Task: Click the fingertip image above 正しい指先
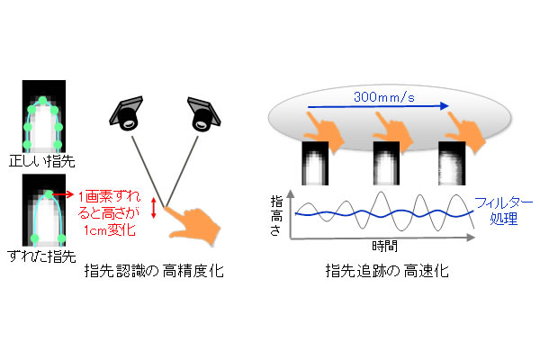44,118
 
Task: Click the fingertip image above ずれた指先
44,212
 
